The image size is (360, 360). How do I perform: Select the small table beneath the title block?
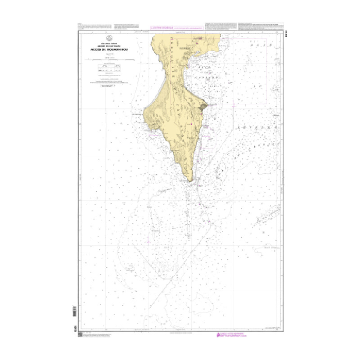[107, 68]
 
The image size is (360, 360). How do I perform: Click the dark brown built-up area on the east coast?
[202, 106]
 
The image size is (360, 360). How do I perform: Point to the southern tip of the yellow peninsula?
[192, 181]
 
